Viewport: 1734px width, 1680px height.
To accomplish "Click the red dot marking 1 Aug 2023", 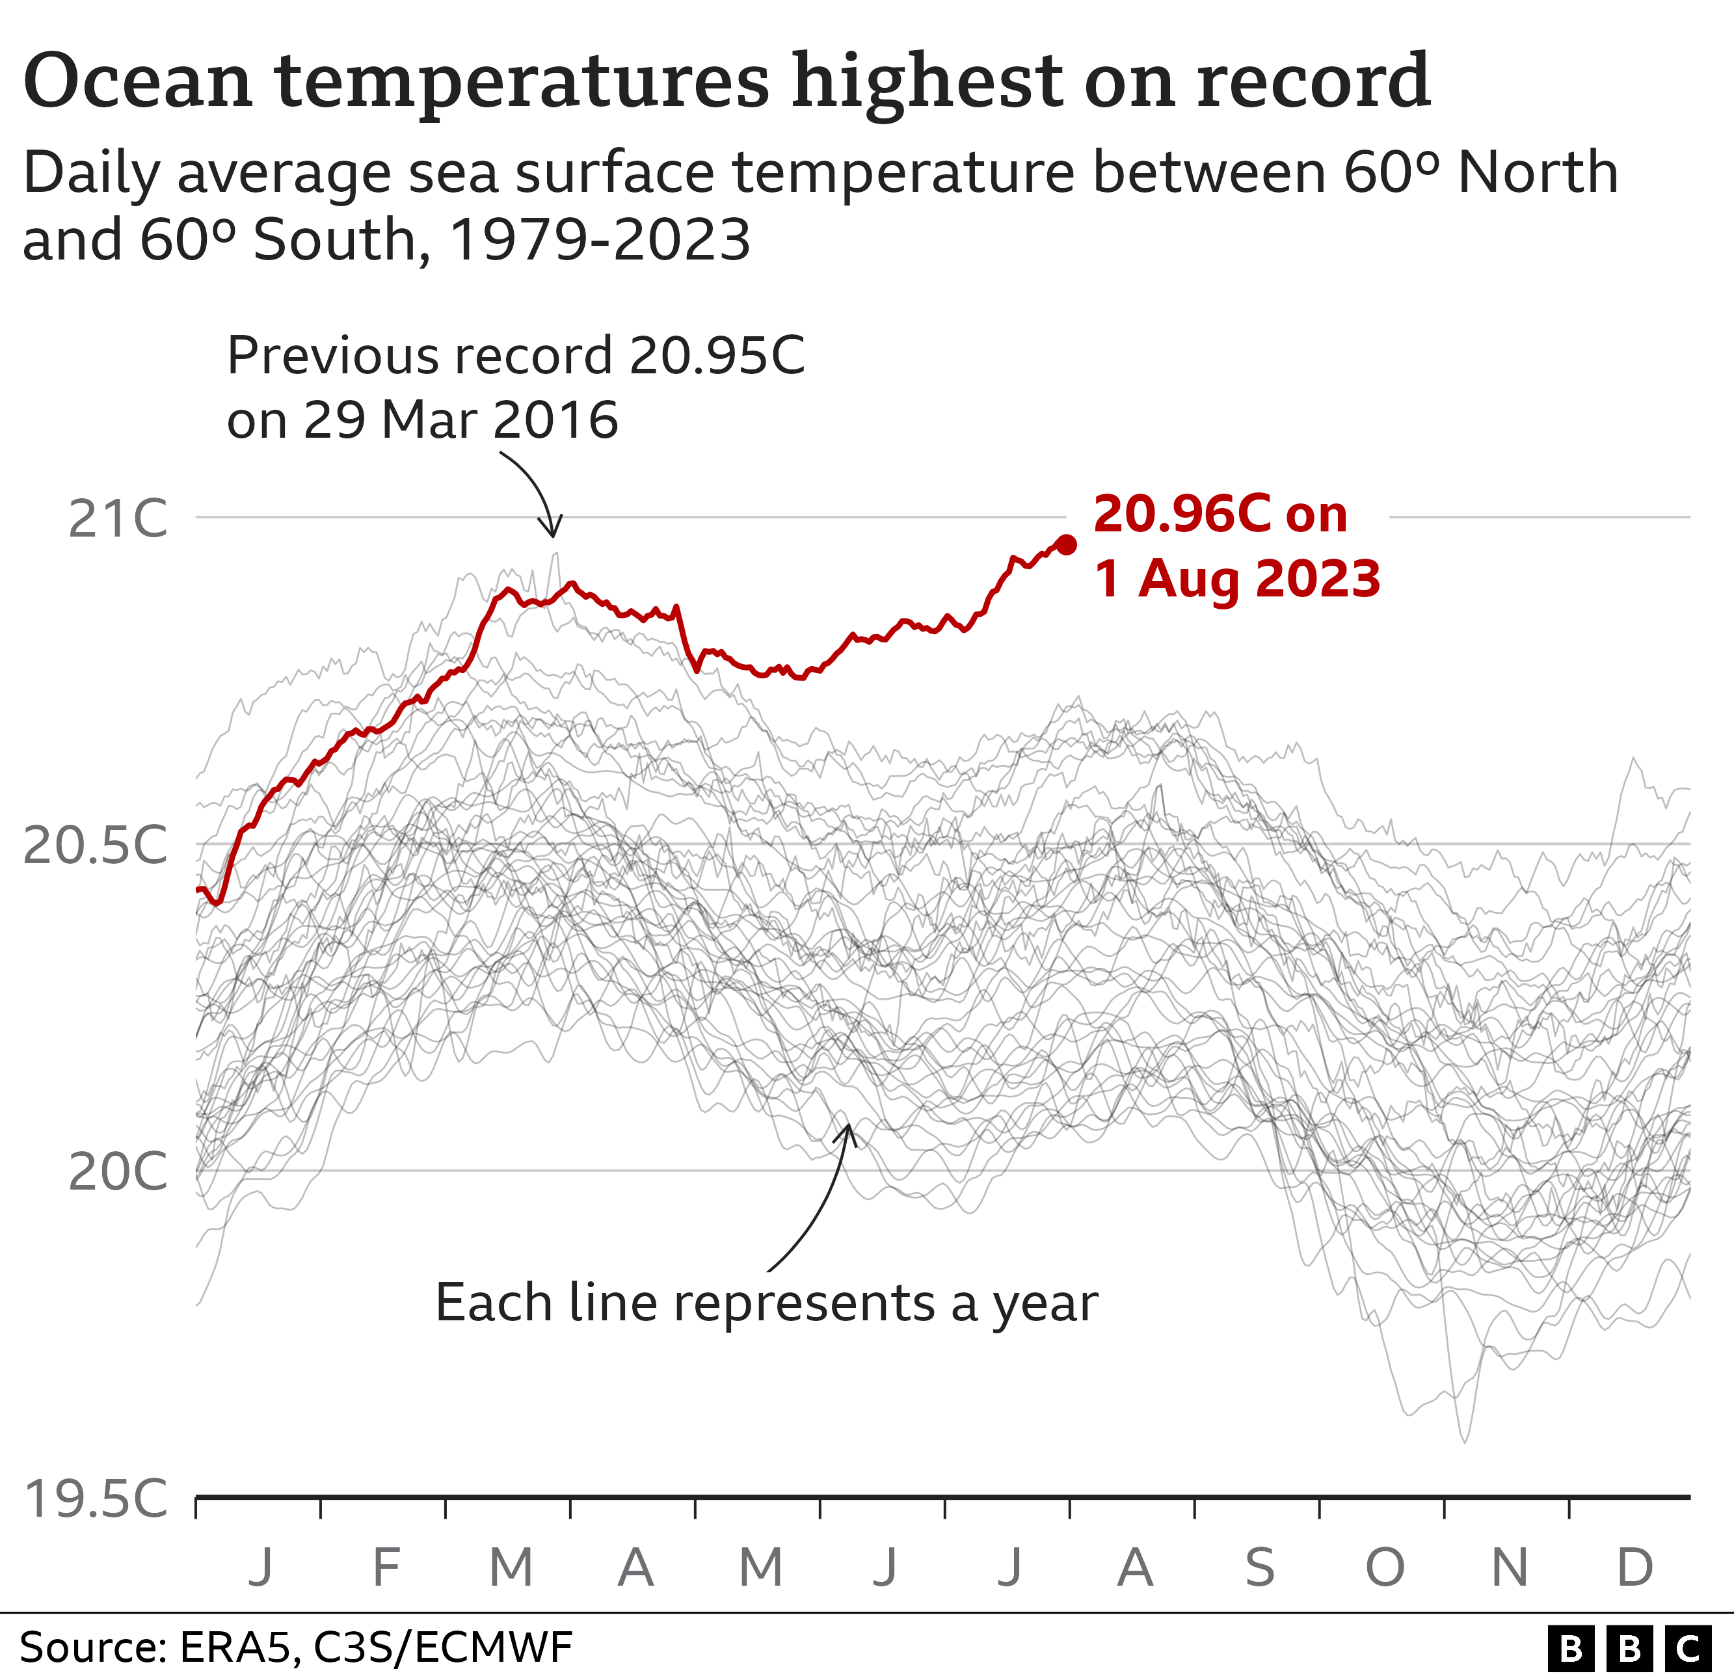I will [x=1066, y=545].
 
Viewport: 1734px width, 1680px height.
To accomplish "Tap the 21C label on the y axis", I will [x=118, y=519].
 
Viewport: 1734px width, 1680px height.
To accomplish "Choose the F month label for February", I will [x=386, y=1567].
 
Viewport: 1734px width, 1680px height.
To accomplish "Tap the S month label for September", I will [x=1260, y=1567].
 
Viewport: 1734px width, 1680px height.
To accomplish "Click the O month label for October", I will [x=1385, y=1567].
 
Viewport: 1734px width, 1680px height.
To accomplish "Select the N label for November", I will [x=1510, y=1567].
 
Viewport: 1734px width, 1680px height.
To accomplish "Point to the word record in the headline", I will [x=1313, y=81].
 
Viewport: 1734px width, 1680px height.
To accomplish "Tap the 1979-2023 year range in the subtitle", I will [x=600, y=240].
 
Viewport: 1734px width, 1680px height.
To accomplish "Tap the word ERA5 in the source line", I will [x=234, y=1647].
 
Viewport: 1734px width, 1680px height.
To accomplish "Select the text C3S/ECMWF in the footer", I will [x=442, y=1647].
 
